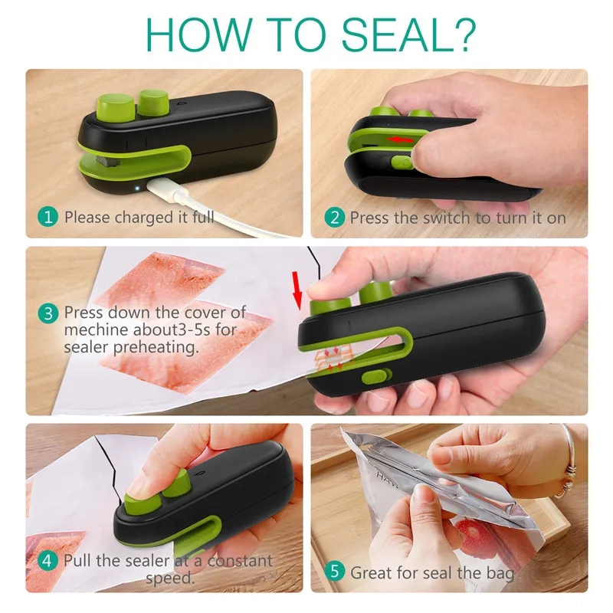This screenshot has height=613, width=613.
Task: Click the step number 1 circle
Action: pos(48,217)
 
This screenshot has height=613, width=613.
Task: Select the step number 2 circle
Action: pos(335,218)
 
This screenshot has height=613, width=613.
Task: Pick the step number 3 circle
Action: pos(48,313)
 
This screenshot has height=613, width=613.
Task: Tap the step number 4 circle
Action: pos(48,561)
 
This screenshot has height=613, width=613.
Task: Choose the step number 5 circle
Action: pos(335,571)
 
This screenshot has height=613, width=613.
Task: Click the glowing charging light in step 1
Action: pos(137,188)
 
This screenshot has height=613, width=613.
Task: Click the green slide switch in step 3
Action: pos(377,376)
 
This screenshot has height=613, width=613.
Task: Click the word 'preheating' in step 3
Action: pos(156,348)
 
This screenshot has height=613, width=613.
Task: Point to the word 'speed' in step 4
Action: pos(168,579)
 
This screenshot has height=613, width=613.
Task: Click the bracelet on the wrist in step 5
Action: pos(569,461)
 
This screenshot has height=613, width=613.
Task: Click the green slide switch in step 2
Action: pos(402,162)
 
